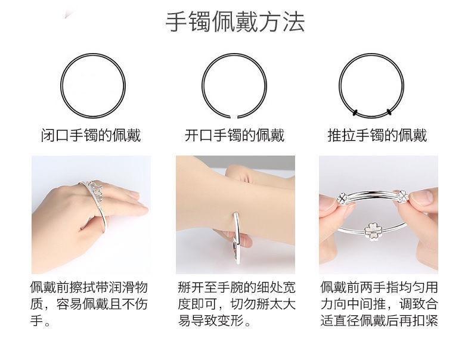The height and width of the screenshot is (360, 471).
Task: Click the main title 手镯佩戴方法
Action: tap(235, 21)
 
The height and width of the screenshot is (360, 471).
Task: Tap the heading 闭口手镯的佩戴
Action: tap(91, 135)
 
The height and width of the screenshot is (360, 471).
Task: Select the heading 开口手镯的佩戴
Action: tap(234, 135)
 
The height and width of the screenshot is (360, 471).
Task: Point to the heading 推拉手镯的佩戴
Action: tap(377, 135)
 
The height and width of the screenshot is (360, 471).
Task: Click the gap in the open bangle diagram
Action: tap(234, 116)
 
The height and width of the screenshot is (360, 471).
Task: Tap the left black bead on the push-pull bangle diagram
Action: tap(355, 113)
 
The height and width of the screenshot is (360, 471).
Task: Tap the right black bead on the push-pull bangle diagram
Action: tap(389, 112)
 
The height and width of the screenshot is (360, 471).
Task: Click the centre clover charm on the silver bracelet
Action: tap(372, 232)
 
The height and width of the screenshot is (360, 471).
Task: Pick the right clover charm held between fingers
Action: tap(402, 196)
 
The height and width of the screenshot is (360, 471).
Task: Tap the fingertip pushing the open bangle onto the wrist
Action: tap(245, 241)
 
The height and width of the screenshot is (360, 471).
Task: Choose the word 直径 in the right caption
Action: tap(346, 321)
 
